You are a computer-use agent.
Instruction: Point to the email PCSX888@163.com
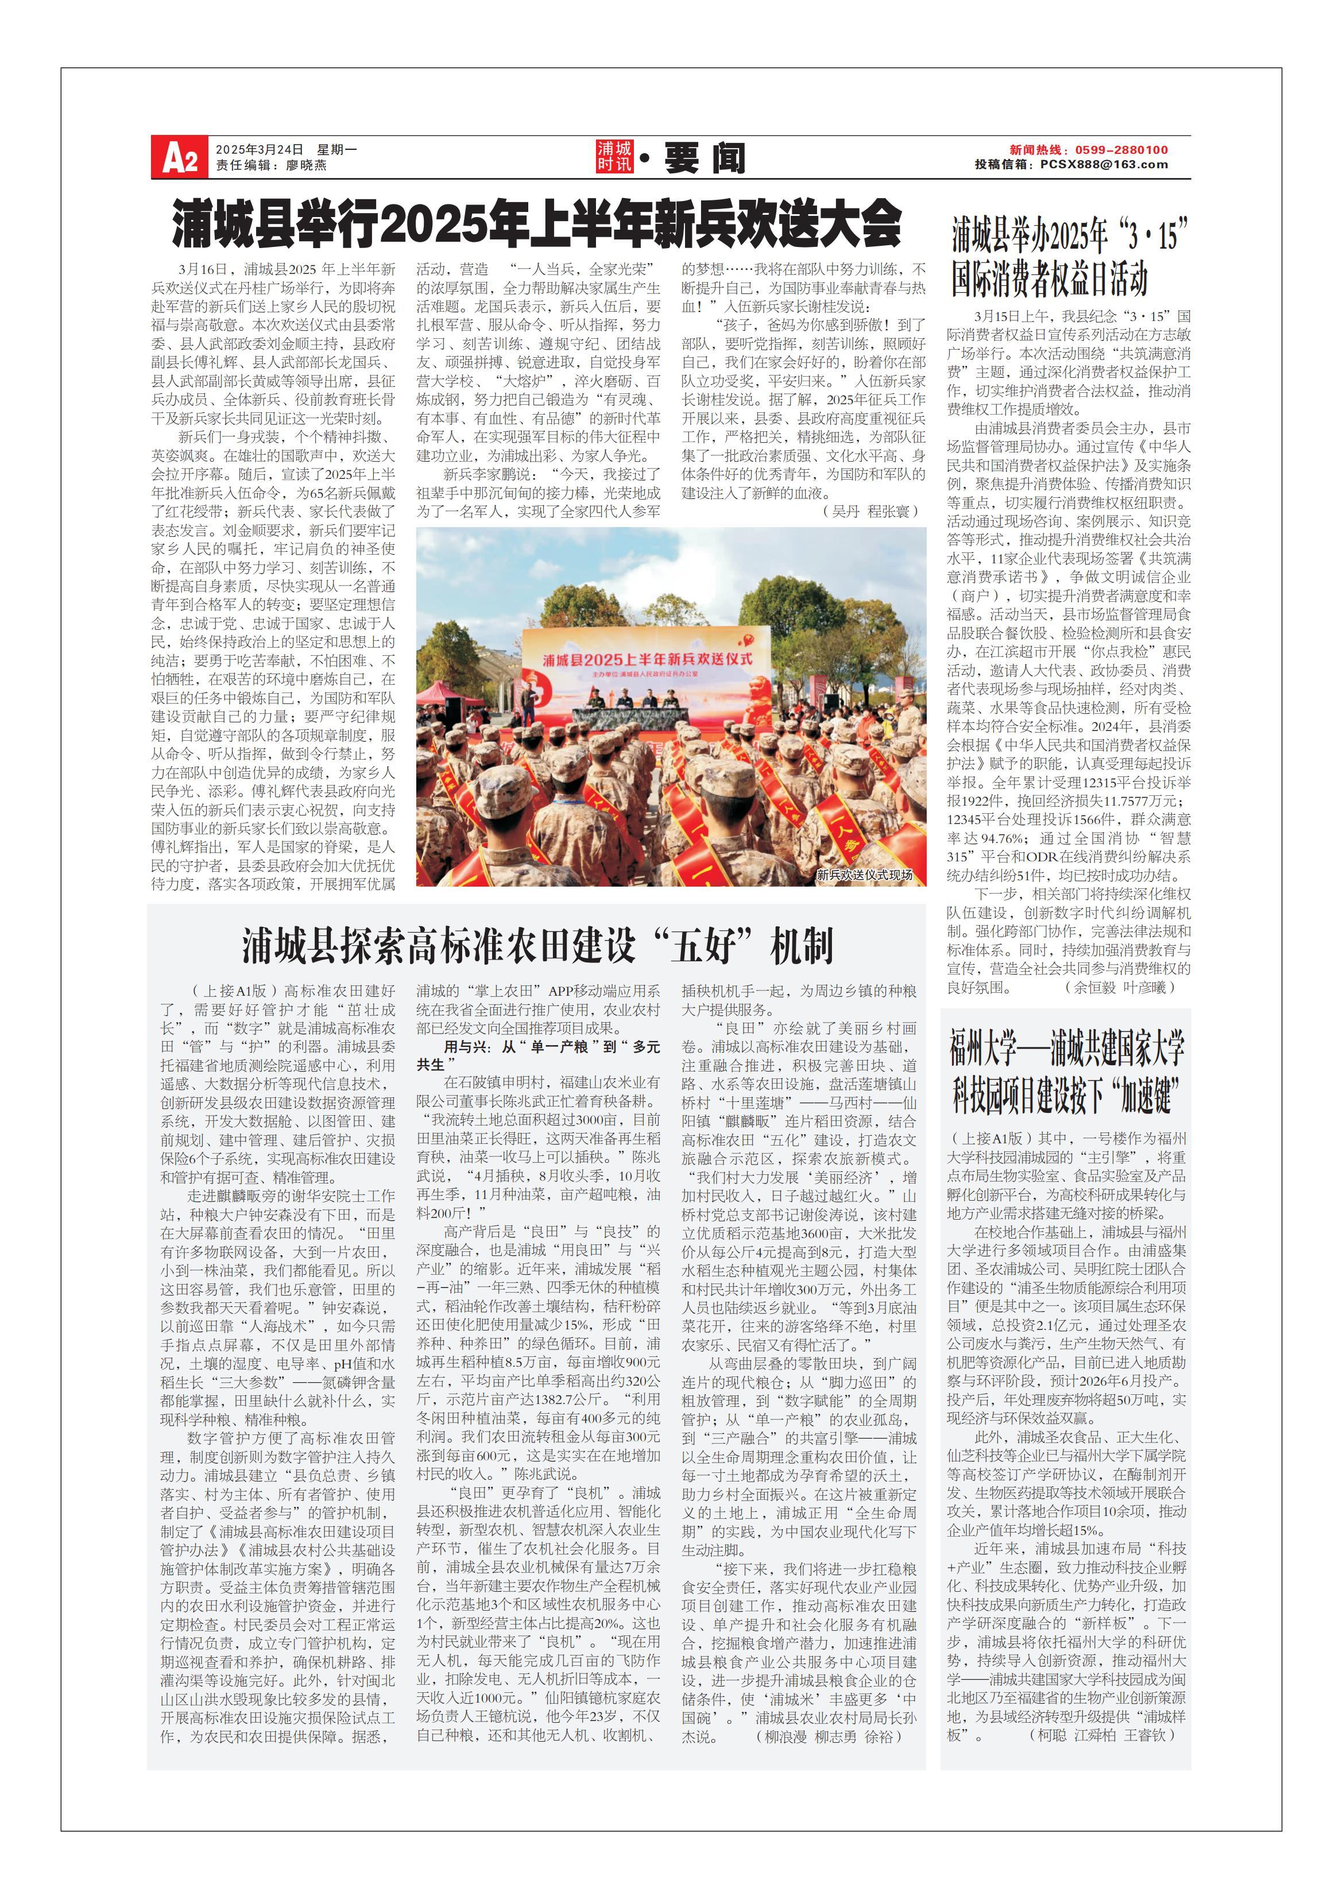coord(1104,165)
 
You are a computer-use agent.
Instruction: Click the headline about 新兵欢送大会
coord(536,223)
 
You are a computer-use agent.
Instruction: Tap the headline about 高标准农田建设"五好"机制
coord(537,945)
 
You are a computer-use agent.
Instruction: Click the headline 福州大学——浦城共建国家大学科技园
coord(1067,1073)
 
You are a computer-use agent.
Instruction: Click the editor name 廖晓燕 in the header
coord(306,165)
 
